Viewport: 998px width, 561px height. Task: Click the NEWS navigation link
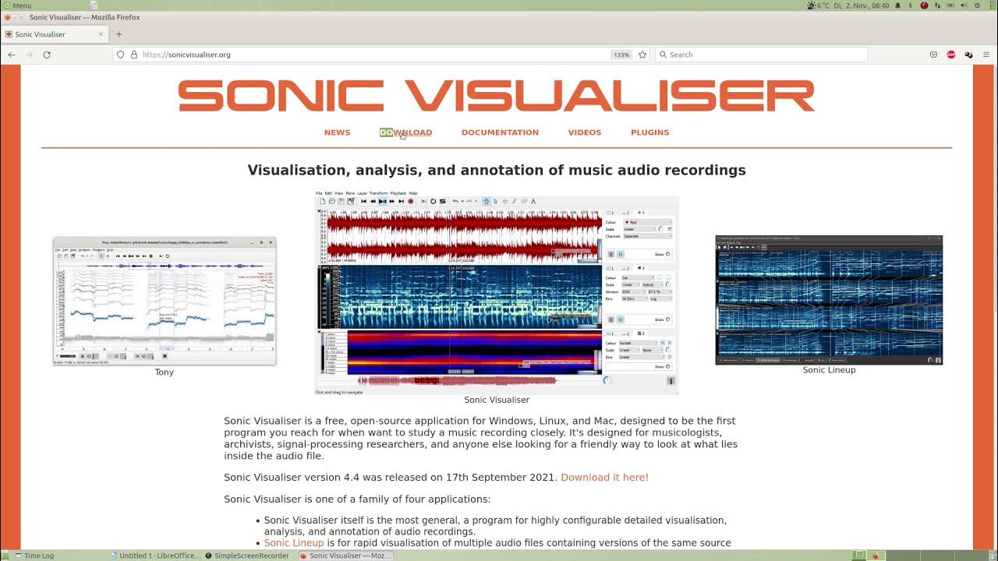pyautogui.click(x=337, y=132)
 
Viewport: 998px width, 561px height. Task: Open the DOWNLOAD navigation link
pyautogui.click(x=405, y=132)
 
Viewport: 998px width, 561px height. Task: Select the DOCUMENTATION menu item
pyautogui.click(x=500, y=132)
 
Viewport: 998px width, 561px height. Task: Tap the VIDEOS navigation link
pyautogui.click(x=584, y=132)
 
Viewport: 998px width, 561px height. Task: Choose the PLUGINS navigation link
pyautogui.click(x=649, y=132)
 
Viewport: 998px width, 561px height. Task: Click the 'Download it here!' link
pyautogui.click(x=604, y=478)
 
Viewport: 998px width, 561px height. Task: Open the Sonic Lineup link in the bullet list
pyautogui.click(x=293, y=543)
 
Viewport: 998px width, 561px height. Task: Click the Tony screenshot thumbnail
pyautogui.click(x=165, y=302)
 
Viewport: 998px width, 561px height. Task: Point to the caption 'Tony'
pyautogui.click(x=165, y=372)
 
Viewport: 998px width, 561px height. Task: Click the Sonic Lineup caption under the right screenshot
pyautogui.click(x=829, y=370)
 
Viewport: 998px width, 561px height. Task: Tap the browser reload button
pyautogui.click(x=47, y=55)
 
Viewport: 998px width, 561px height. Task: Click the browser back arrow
pyautogui.click(x=12, y=55)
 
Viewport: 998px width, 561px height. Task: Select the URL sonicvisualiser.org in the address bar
pyautogui.click(x=186, y=55)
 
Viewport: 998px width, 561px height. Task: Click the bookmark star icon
pyautogui.click(x=642, y=55)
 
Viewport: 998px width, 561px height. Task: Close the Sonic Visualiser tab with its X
pyautogui.click(x=101, y=34)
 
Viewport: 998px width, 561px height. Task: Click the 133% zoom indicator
pyautogui.click(x=621, y=55)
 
